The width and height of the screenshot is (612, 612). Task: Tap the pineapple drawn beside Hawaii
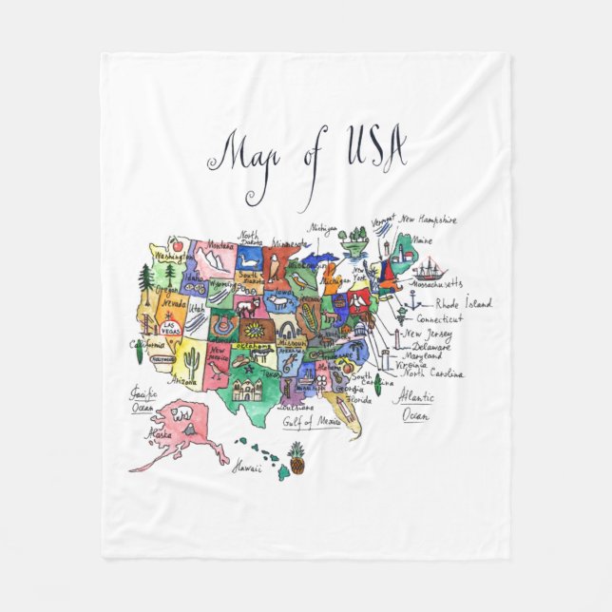[x=297, y=458]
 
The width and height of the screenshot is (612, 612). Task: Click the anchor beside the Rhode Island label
[x=413, y=302]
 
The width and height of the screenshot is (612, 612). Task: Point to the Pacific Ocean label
[x=143, y=398]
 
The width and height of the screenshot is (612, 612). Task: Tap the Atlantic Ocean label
[x=415, y=406]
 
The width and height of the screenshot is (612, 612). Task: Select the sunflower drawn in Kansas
[x=254, y=329]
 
